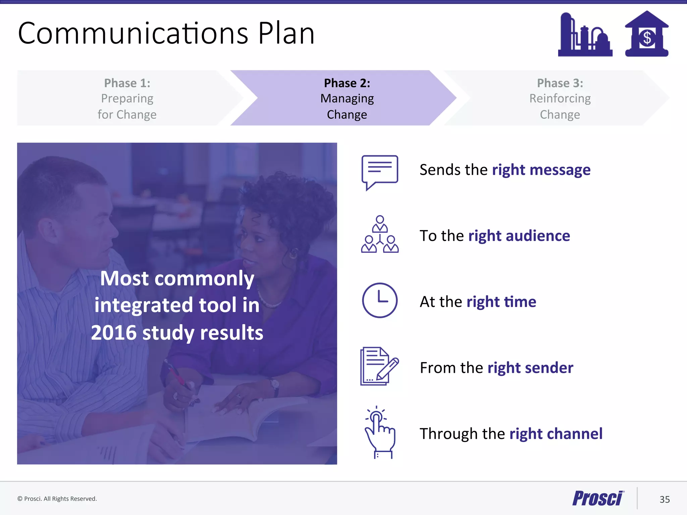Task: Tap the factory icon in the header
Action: tap(585, 35)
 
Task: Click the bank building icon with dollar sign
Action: tap(647, 34)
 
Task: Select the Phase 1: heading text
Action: tap(127, 83)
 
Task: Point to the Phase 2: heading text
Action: tap(347, 83)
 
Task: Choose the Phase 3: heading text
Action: tap(560, 83)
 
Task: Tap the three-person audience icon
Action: tap(380, 234)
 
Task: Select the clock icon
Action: tap(380, 300)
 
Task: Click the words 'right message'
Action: tap(541, 170)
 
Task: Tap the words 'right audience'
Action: tap(519, 236)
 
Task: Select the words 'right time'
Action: tap(501, 302)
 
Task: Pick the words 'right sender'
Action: tap(530, 368)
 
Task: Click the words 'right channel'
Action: tap(556, 434)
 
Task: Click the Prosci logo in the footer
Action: tap(598, 498)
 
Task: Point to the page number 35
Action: tap(665, 500)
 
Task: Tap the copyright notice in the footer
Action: tap(57, 499)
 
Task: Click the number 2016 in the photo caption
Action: tap(114, 333)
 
